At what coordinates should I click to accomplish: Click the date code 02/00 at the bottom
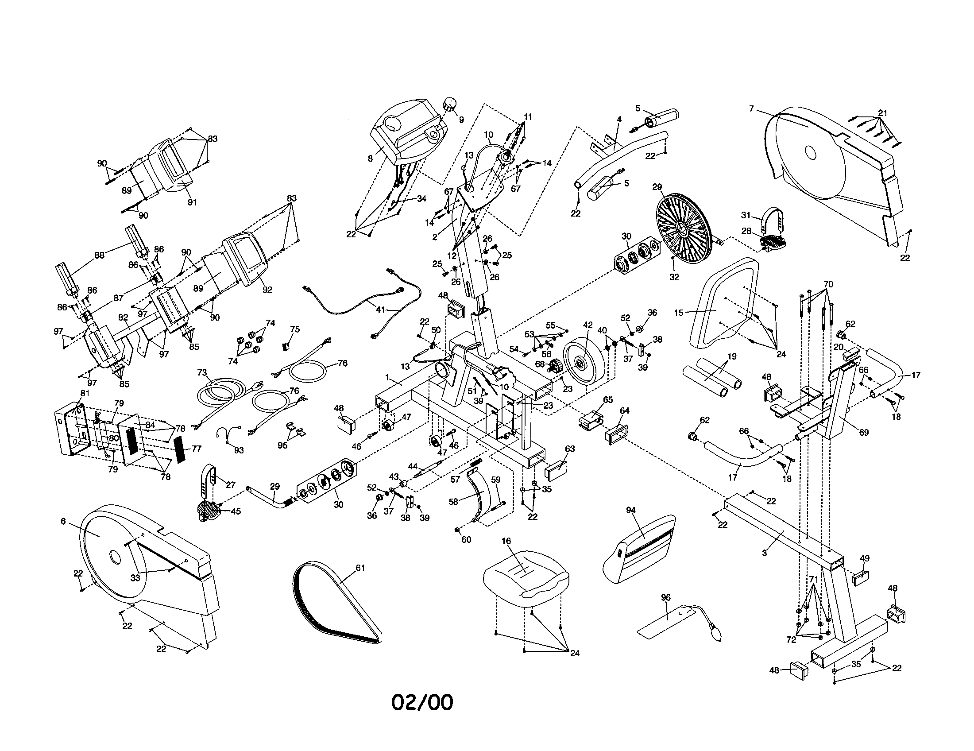click(422, 702)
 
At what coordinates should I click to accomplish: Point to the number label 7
click(751, 108)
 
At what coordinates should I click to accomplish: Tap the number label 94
click(630, 510)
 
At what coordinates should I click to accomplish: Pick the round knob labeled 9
click(449, 107)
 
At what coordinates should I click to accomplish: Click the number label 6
click(63, 521)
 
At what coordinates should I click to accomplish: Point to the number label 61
click(360, 568)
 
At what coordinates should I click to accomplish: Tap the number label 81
click(84, 393)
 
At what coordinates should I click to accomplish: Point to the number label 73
click(202, 372)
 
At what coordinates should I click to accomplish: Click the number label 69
click(864, 432)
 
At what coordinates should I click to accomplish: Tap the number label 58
click(453, 501)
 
